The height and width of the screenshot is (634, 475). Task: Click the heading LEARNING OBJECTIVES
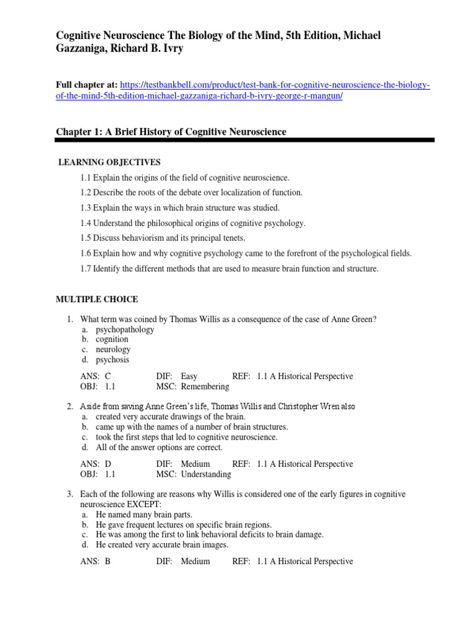109,162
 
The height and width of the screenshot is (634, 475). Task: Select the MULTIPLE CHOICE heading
97,300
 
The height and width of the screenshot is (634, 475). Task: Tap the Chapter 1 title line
171,132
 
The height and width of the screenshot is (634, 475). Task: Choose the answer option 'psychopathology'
125,329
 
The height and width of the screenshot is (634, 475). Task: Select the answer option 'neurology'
113,349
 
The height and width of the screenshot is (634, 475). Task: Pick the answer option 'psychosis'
113,360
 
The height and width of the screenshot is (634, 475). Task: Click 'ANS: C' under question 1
95,376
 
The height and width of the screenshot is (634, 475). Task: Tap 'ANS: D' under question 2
95,464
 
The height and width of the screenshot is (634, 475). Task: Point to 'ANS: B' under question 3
95,562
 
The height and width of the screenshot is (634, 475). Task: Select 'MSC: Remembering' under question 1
192,387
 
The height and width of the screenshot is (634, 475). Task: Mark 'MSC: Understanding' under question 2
194,474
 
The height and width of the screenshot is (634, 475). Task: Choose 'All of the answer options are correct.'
159,447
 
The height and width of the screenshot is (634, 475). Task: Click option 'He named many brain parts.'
144,515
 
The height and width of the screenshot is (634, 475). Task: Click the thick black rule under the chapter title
245,141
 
